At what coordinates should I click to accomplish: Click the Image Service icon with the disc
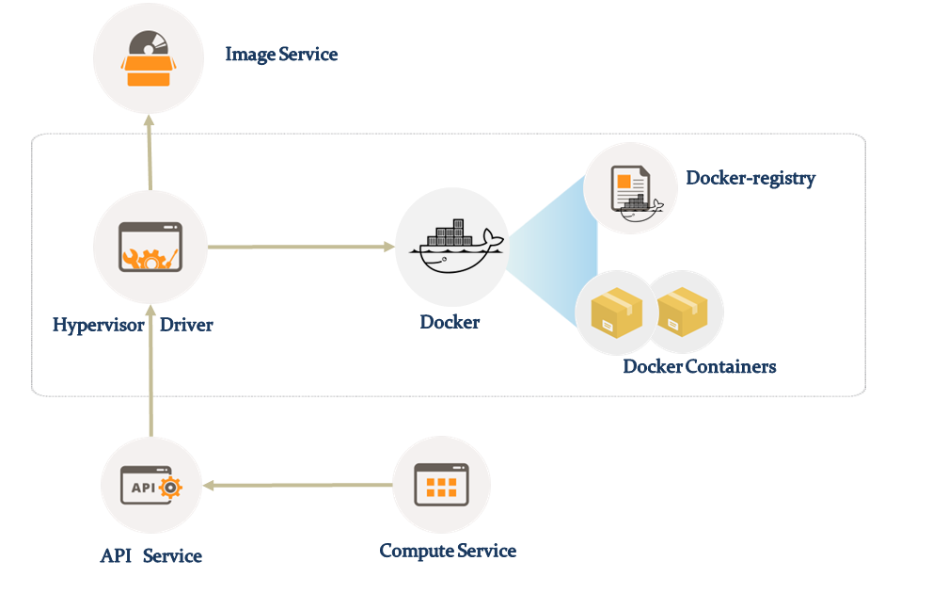pos(148,59)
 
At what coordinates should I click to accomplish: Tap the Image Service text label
pos(281,55)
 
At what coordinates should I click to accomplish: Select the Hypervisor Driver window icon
pos(150,248)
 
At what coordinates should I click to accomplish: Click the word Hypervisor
pos(99,326)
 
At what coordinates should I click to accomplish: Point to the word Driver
pos(186,326)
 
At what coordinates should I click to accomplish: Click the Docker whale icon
pos(452,246)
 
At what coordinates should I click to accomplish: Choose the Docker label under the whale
pos(450,323)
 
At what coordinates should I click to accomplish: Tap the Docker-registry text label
pos(750,178)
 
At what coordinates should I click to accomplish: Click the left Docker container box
pos(614,314)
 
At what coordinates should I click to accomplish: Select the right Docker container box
pos(684,313)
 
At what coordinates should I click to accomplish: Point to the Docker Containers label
pos(700,366)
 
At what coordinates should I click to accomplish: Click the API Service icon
pos(150,487)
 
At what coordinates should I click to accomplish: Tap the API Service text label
pos(151,556)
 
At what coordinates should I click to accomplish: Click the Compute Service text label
pos(448,551)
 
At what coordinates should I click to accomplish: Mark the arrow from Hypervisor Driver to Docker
pos(301,248)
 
